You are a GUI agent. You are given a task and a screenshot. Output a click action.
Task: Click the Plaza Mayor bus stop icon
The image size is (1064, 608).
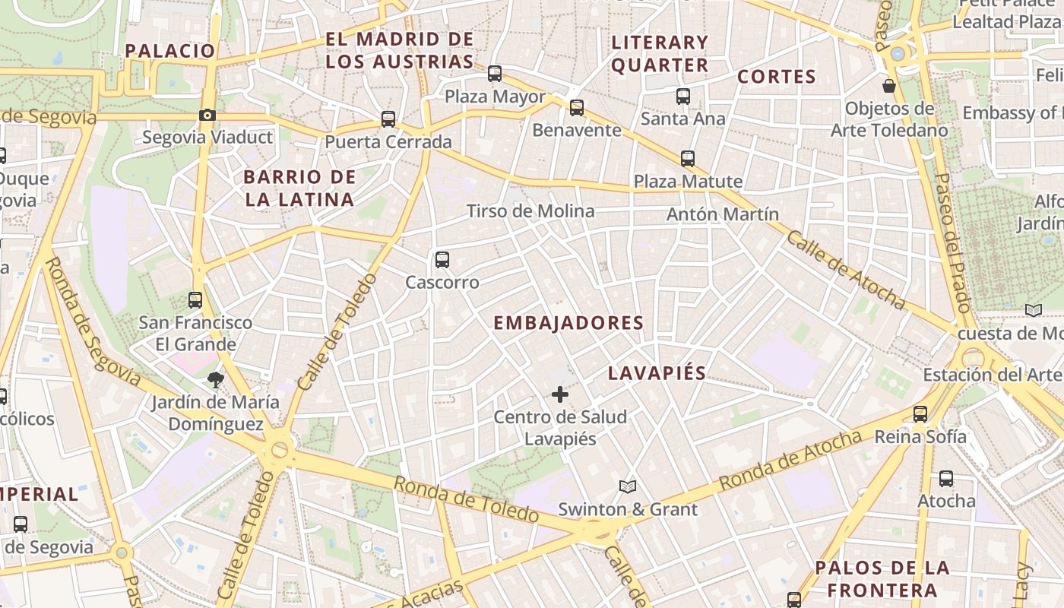[x=495, y=74]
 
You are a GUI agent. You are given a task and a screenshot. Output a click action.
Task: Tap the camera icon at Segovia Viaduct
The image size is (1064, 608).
[x=207, y=116]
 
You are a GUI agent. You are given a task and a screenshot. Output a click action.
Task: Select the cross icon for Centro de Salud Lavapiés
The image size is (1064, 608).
[x=560, y=394]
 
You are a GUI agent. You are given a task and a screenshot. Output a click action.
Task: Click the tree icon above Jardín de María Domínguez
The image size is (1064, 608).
[x=215, y=379]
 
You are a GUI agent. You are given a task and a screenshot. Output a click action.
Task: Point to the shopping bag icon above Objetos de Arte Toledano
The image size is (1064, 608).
[x=888, y=86]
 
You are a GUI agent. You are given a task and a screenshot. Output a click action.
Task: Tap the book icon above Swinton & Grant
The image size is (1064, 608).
[x=627, y=486]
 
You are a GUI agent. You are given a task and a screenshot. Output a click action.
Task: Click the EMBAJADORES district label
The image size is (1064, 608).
[x=568, y=323]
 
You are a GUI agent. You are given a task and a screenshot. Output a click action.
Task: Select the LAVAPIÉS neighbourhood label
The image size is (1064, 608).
[x=657, y=373]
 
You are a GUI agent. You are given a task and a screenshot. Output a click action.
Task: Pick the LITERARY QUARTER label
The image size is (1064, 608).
[x=660, y=54]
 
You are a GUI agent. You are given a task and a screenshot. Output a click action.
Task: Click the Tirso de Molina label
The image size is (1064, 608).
[x=530, y=211]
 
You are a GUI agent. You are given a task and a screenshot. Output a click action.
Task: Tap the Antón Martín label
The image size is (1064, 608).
[x=723, y=214]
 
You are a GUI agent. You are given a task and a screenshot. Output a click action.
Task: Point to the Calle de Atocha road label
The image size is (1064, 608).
[x=846, y=270]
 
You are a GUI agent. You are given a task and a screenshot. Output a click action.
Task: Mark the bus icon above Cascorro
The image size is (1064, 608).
[x=442, y=260]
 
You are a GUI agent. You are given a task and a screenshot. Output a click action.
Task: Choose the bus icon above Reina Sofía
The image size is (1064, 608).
[x=920, y=414]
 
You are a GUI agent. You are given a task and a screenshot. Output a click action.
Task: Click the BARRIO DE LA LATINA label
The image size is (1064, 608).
[x=299, y=188]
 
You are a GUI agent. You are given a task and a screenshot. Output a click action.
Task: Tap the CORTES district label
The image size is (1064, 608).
[x=777, y=77]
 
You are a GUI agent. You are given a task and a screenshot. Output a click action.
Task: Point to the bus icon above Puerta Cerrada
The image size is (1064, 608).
[x=388, y=119]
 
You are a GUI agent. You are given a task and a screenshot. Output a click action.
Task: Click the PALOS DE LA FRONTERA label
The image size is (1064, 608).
[x=882, y=579]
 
